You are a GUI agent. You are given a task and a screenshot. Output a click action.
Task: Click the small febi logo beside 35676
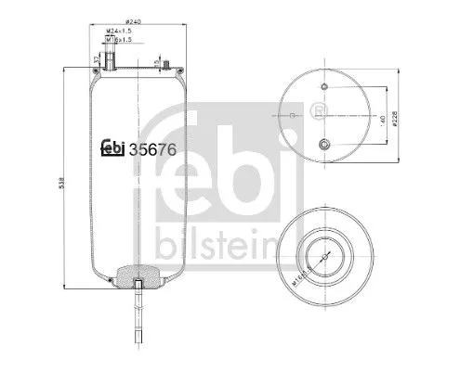tap(112, 146)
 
